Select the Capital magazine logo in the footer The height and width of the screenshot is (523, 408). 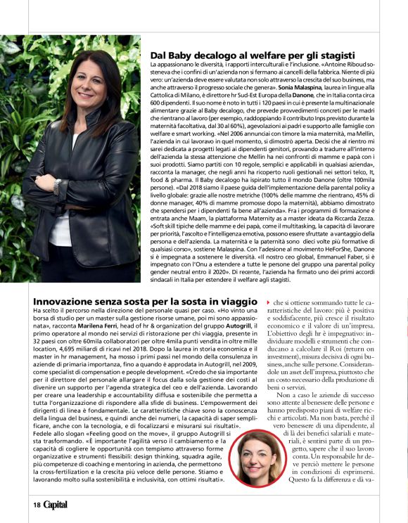pos(56,504)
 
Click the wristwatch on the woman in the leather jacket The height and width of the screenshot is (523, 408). pos(58,186)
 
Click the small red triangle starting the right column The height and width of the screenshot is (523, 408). pos(268,302)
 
